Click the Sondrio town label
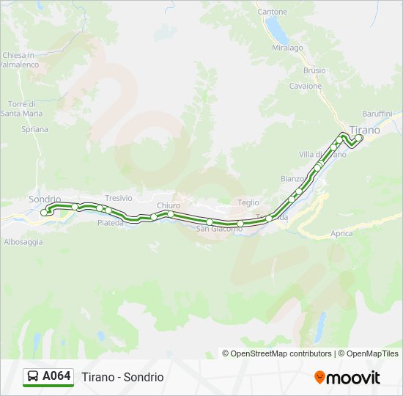coord(43,199)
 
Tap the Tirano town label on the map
coord(365,131)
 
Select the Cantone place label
coord(273,12)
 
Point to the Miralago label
coord(288,48)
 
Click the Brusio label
coord(314,70)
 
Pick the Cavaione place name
coord(305,86)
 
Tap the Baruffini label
coord(377,114)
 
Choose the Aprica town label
coord(341,234)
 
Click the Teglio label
coord(249,202)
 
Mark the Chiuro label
coord(168,205)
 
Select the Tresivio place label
coord(118,198)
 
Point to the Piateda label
coord(111,222)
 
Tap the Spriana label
coord(34,129)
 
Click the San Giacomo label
coord(219,229)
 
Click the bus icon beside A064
coord(33,376)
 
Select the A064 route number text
coord(56,376)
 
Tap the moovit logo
coord(347,378)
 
